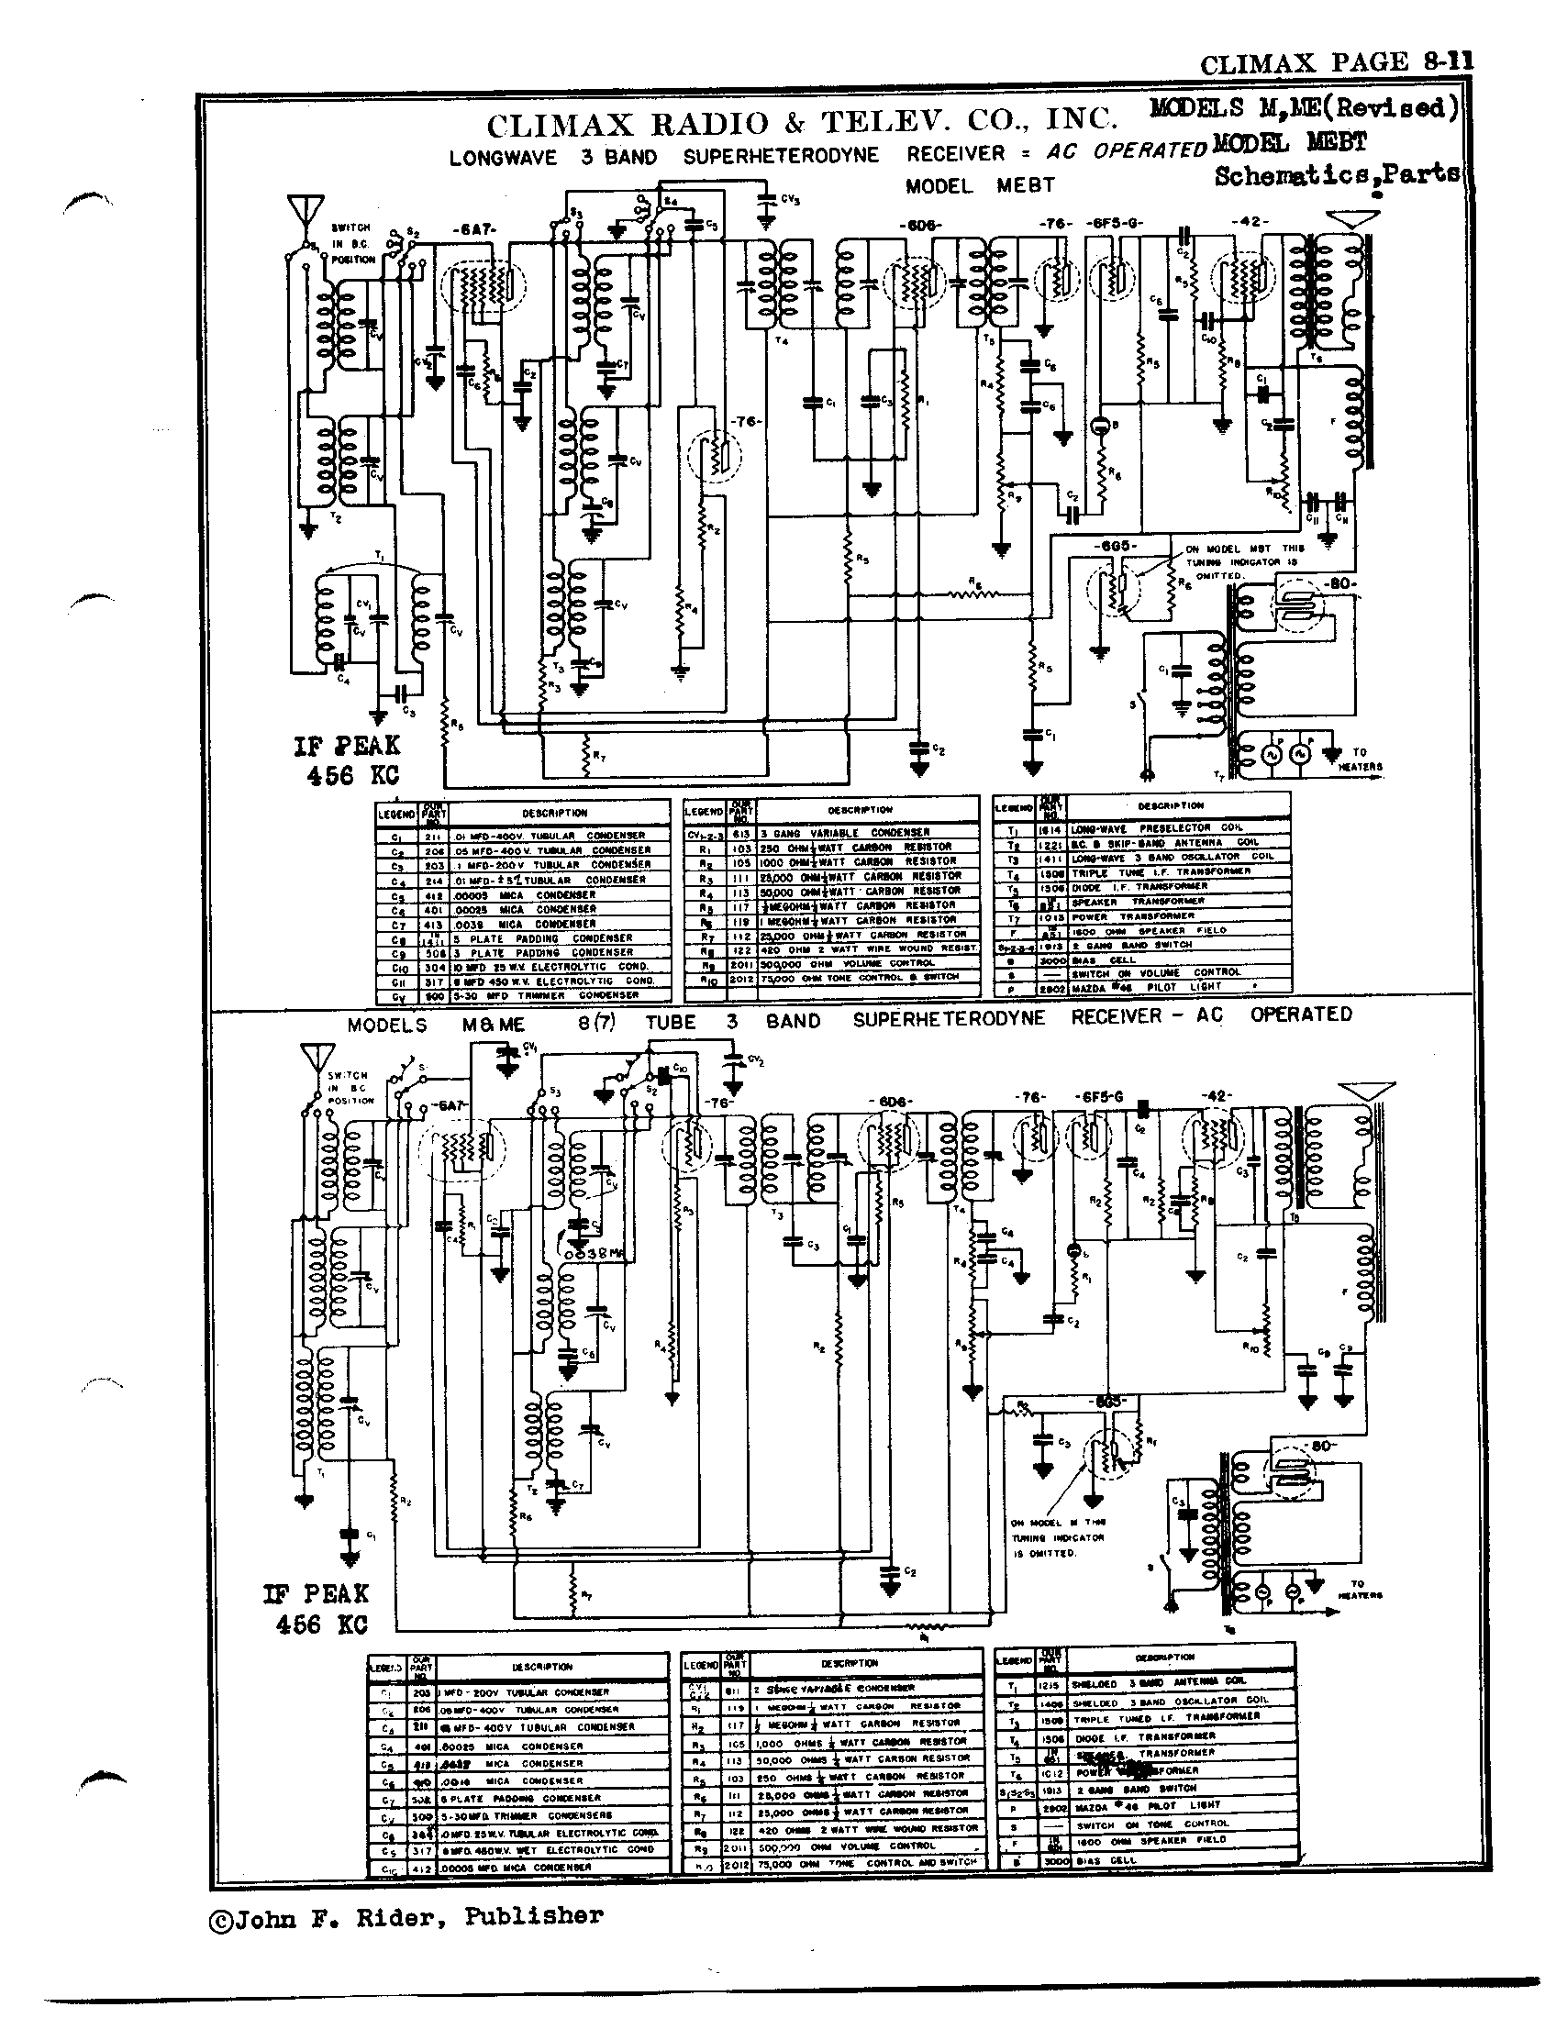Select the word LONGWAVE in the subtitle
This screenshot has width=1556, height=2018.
pyautogui.click(x=503, y=157)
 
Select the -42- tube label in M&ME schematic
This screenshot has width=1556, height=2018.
pyautogui.click(x=1216, y=1096)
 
